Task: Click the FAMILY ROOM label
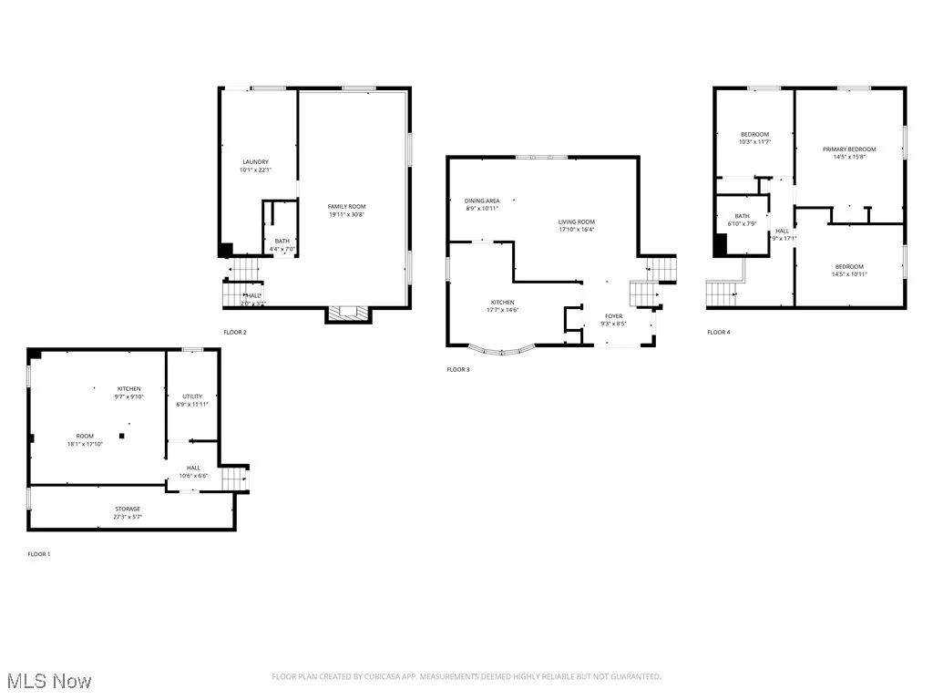coord(346,207)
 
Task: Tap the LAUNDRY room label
coord(255,162)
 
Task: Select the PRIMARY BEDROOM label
coord(848,149)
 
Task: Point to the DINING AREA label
coord(482,201)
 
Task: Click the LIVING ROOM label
coord(577,222)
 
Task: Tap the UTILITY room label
coord(191,396)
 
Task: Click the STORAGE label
coord(128,509)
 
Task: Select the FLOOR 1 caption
coord(39,554)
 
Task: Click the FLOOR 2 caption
coord(235,333)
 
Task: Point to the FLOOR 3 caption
coord(458,370)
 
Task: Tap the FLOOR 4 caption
coord(719,333)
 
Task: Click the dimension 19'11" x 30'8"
coord(346,215)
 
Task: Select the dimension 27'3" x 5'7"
coord(128,517)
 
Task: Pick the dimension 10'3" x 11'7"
coord(754,142)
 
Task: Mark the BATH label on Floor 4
coord(743,216)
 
